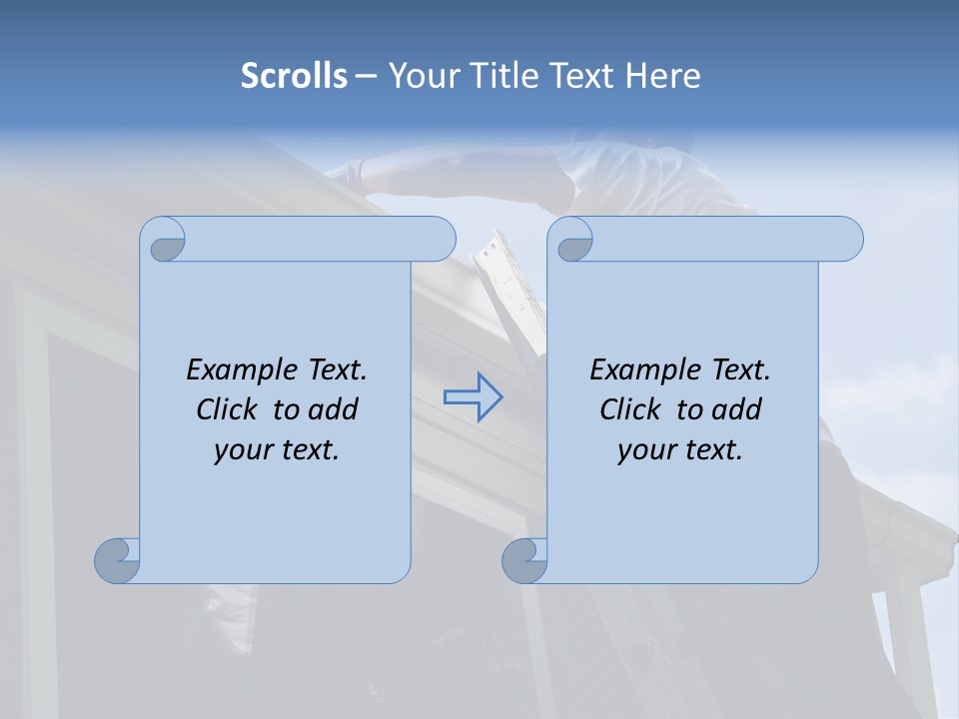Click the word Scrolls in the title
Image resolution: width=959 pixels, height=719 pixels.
[294, 76]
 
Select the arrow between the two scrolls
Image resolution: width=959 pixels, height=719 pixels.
[473, 397]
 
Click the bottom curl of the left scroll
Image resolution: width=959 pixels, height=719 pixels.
[118, 560]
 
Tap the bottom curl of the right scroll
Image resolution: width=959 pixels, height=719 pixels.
[525, 560]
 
